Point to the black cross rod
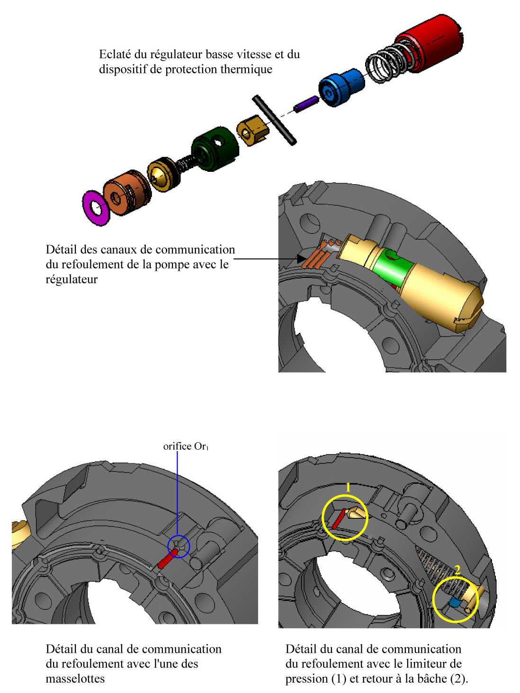[274, 119]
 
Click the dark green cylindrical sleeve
[215, 148]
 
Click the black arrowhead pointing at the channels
[301, 259]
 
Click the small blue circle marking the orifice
[179, 547]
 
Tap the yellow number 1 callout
[349, 488]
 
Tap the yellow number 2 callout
[457, 570]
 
